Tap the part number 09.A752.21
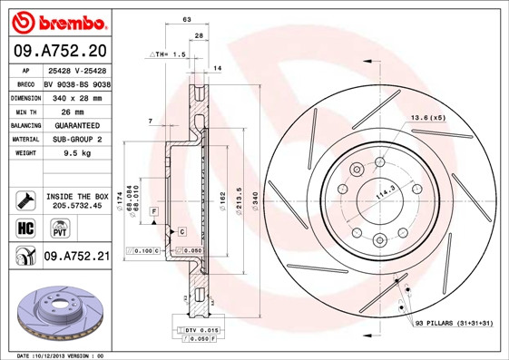pyautogui.click(x=76, y=258)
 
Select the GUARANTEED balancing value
pyautogui.click(x=76, y=124)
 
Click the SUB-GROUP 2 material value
pyautogui.click(x=76, y=140)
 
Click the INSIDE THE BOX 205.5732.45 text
pyautogui.click(x=76, y=200)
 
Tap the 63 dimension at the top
pyautogui.click(x=186, y=18)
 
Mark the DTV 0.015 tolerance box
pyautogui.click(x=194, y=330)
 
